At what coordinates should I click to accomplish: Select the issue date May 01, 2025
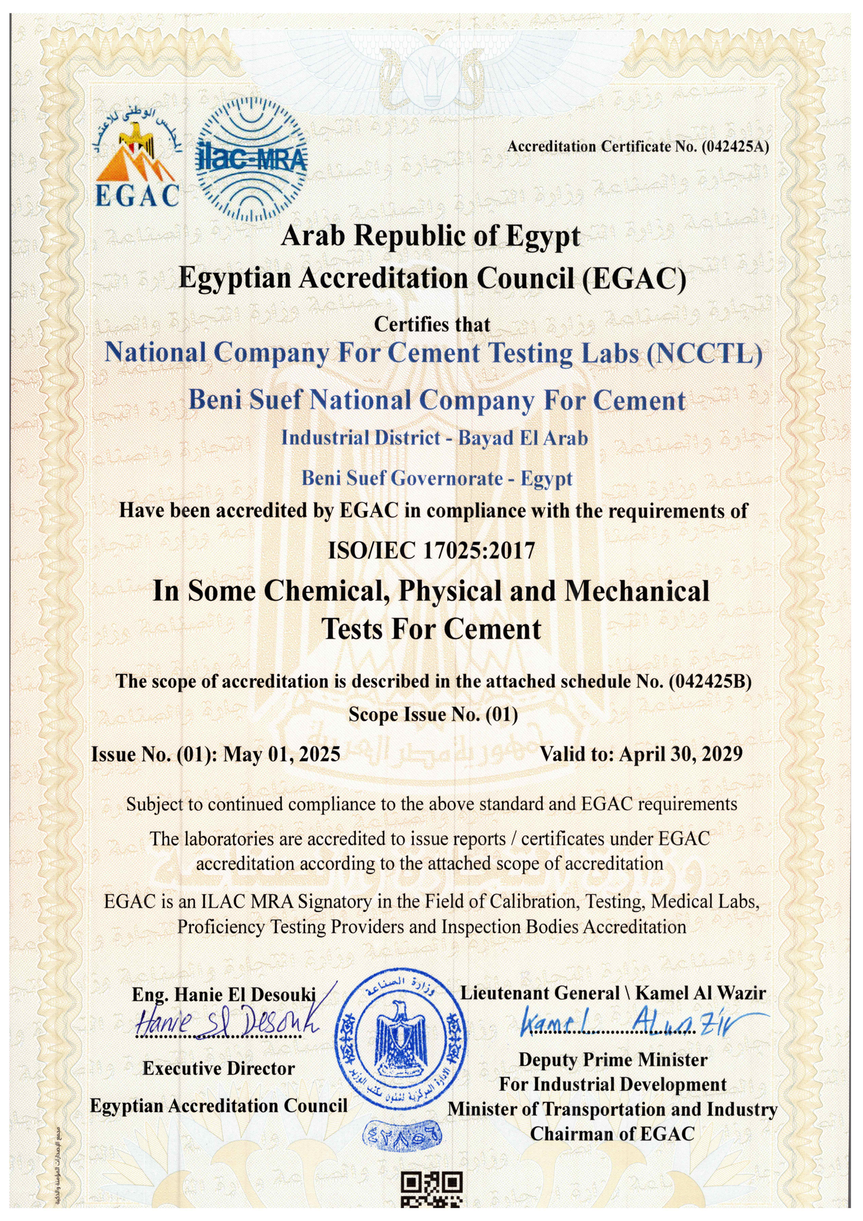point(282,754)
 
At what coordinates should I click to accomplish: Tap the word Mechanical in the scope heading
point(637,591)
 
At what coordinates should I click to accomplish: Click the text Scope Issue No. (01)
point(433,715)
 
